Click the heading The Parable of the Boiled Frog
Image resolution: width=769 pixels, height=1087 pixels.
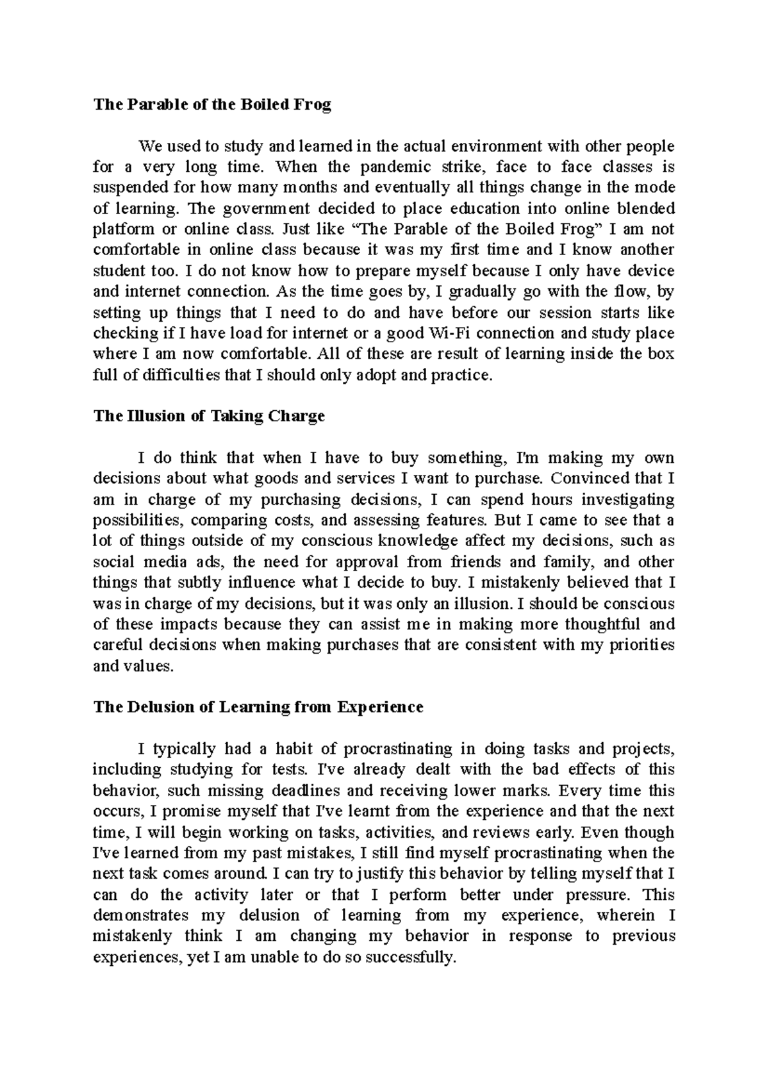(x=212, y=105)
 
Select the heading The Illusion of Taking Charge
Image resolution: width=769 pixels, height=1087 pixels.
(x=209, y=416)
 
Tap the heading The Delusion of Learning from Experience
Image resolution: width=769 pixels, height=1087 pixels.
(x=258, y=707)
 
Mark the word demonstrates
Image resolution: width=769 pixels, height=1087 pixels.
(x=141, y=915)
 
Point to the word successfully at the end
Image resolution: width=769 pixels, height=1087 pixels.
(x=410, y=957)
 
